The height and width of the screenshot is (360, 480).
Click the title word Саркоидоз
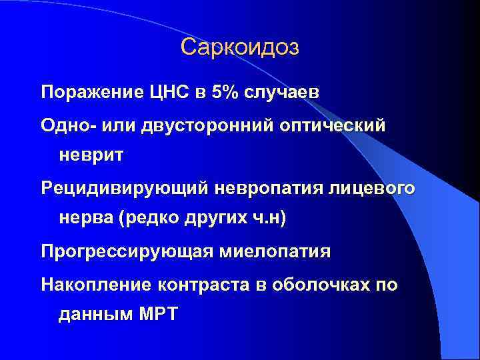pos(239,47)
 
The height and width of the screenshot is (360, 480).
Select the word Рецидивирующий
pos(124,188)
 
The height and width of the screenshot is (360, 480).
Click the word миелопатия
pos(273,252)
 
